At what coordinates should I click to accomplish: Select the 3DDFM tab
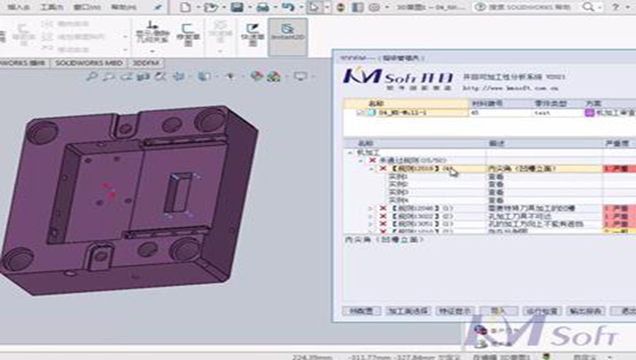pos(145,63)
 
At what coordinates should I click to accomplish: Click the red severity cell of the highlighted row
pos(618,167)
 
